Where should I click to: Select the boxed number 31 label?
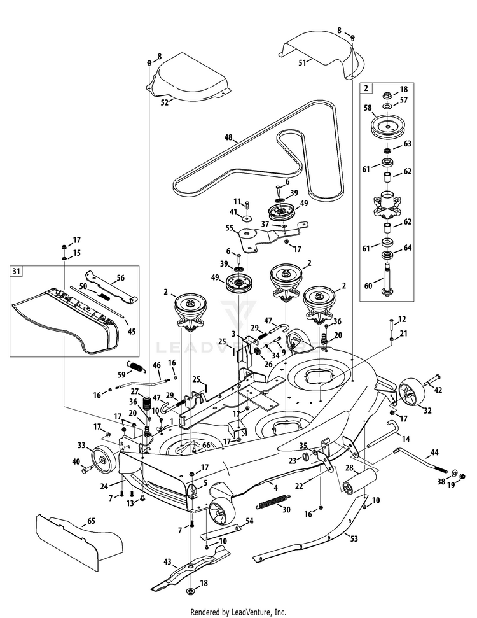(x=16, y=271)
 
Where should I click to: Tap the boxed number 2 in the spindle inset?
(x=366, y=89)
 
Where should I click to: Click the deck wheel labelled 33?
(x=99, y=457)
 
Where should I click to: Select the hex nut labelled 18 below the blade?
(x=190, y=593)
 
